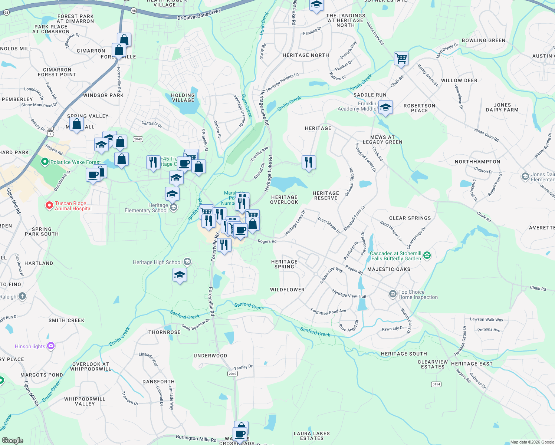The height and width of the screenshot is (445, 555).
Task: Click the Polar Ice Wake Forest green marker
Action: [45, 162]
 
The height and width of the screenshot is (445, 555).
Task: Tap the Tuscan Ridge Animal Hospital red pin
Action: [49, 205]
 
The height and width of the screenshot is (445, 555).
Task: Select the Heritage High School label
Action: [157, 262]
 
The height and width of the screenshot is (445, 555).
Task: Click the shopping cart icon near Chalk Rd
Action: [401, 59]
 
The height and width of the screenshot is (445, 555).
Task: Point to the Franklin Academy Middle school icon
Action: [385, 108]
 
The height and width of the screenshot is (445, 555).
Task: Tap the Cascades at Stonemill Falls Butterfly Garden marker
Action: [427, 255]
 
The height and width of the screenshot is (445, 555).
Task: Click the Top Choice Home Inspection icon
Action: [393, 294]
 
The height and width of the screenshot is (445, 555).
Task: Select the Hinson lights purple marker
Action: [50, 346]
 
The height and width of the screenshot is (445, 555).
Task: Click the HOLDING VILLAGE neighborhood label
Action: [183, 98]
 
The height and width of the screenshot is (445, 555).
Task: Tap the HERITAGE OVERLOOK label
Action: [284, 200]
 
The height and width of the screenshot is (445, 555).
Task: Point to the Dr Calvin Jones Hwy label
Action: [199, 14]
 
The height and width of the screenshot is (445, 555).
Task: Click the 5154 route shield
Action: [436, 384]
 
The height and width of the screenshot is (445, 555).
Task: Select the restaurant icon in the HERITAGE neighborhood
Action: [309, 162]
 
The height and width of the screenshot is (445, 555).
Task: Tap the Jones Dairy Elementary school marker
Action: [525, 177]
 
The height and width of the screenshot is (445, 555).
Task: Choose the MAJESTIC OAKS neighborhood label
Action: [389, 269]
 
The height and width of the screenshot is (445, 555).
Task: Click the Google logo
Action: [13, 440]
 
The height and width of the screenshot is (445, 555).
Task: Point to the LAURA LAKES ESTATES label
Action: [312, 436]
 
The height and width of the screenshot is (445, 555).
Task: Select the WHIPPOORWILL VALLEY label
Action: [85, 401]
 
